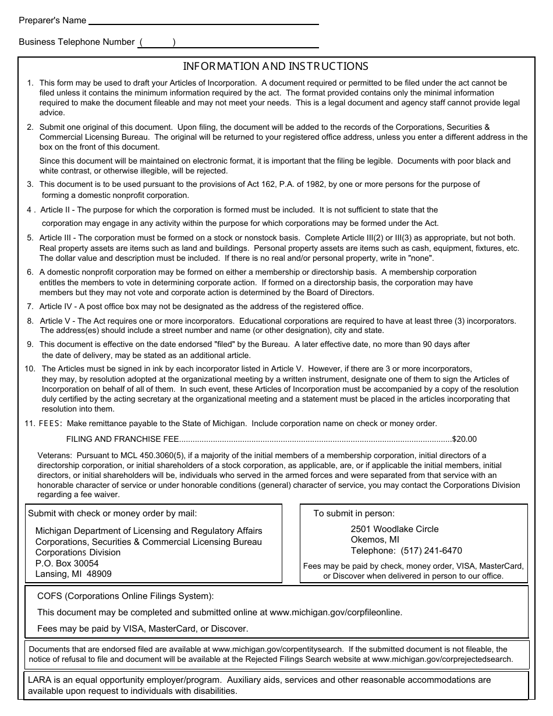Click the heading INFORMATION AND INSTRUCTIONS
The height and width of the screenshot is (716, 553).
click(x=276, y=66)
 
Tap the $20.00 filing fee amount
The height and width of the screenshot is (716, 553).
click(x=465, y=439)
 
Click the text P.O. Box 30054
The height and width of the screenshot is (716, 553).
click(x=67, y=563)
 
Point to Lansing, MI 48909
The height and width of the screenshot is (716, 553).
click(x=73, y=573)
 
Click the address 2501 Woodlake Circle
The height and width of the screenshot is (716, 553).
click(x=395, y=529)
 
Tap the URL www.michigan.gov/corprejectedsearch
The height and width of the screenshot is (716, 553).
click(x=442, y=660)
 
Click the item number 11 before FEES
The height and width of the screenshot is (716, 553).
click(x=30, y=424)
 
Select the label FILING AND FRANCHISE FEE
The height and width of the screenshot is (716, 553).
click(x=122, y=439)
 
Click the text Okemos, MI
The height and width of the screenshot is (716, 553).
click(x=375, y=540)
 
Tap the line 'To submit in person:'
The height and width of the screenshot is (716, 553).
click(x=354, y=513)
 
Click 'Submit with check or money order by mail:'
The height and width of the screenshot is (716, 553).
click(x=112, y=513)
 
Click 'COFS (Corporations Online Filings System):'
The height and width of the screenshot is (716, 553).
click(x=125, y=596)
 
